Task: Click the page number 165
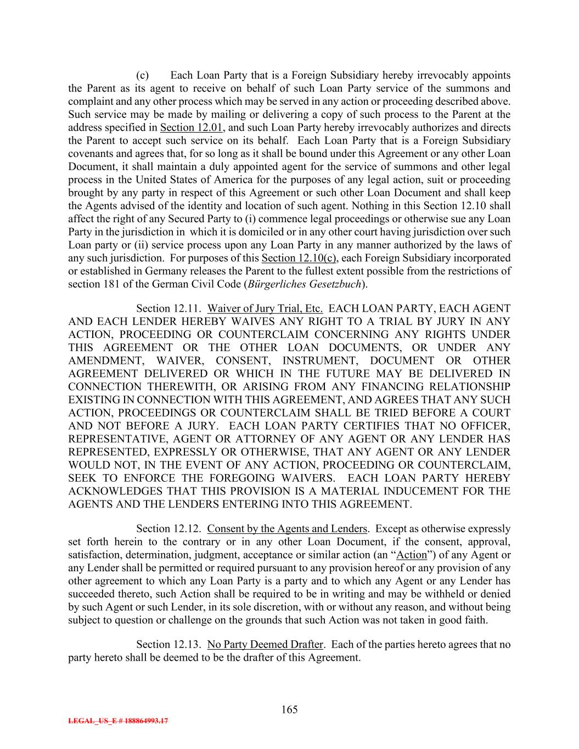[x=289, y=709]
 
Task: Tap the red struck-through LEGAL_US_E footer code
[x=118, y=722]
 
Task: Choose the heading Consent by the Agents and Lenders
[x=287, y=528]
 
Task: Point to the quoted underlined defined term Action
[x=411, y=555]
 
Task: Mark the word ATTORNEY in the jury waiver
[x=268, y=438]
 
